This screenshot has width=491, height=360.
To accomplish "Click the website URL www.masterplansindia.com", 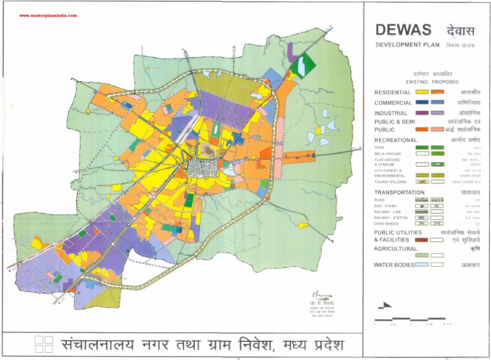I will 48,15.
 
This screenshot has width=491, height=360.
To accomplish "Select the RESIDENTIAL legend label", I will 393,93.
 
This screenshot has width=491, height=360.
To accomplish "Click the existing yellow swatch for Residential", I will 421,93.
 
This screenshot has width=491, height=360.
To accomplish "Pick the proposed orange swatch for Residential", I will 438,93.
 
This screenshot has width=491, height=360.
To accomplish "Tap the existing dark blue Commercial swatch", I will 421,103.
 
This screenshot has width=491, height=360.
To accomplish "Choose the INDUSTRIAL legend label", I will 391,113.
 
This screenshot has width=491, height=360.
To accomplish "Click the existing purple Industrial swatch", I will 421,113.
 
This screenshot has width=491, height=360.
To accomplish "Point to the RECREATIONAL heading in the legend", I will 396,139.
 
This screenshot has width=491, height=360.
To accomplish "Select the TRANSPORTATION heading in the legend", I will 399,192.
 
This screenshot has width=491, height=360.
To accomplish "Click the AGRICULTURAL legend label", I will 395,249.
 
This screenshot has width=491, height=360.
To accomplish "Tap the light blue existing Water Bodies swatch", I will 421,264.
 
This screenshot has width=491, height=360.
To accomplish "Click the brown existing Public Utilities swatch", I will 421,240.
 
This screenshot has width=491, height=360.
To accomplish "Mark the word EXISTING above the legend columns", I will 417,82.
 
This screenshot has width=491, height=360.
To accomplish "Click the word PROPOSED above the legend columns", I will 445,82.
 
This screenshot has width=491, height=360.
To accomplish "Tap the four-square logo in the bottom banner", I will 43,344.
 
